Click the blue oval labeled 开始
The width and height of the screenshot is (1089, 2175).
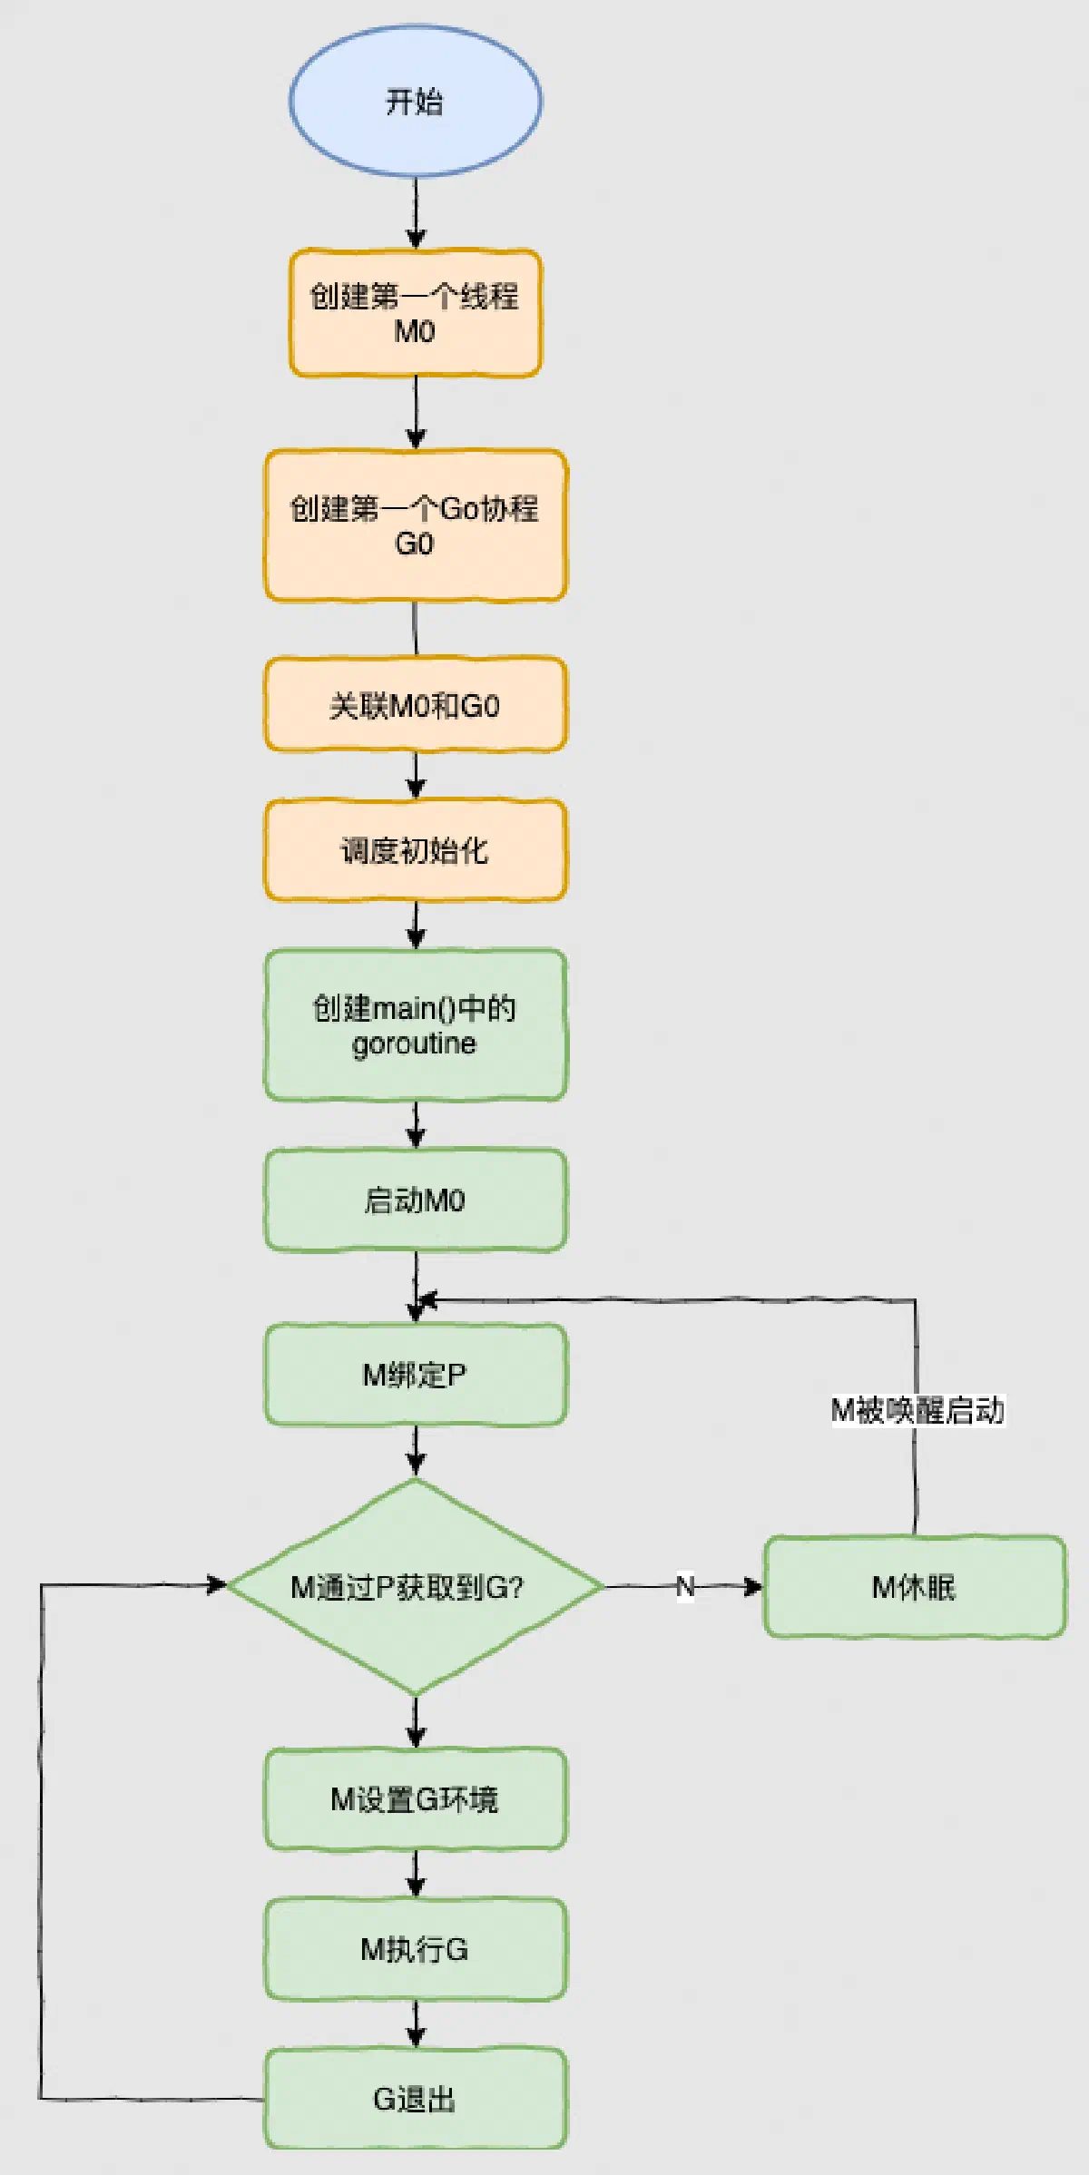point(416,101)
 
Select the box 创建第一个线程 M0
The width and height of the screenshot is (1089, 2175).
point(416,313)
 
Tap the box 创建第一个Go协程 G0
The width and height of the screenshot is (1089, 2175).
point(416,525)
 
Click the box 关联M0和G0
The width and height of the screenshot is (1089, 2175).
point(416,705)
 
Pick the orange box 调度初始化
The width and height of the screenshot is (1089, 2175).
point(416,850)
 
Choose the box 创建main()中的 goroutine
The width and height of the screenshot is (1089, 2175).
point(416,1025)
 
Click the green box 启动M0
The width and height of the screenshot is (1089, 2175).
point(416,1200)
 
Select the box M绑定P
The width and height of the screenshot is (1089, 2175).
point(416,1375)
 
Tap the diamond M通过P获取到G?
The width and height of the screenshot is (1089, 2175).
point(416,1587)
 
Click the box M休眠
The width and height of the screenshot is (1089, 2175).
point(915,1587)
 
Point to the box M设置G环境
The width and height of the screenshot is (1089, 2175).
point(416,1798)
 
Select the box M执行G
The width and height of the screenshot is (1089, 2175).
point(416,1948)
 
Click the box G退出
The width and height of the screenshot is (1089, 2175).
point(416,2098)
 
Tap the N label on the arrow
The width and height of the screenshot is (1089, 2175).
point(685,1587)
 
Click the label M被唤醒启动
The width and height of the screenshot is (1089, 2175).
point(917,1410)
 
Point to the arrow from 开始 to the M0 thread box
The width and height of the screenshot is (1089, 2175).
point(416,213)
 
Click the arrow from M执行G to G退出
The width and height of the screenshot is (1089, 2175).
point(416,2023)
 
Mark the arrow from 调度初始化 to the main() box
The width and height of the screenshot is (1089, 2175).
point(416,926)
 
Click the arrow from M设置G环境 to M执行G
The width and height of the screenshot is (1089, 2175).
point(416,1874)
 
